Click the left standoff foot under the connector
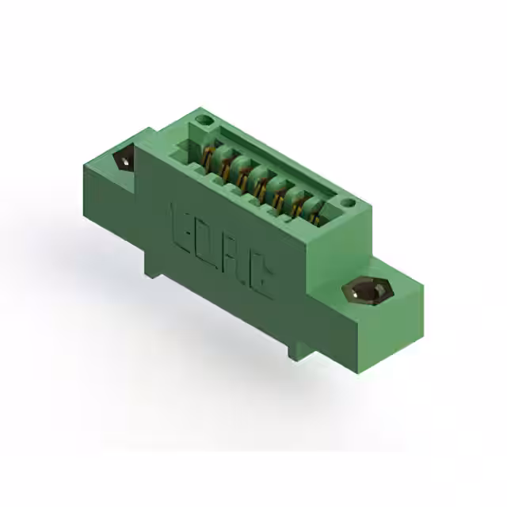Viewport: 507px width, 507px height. point(151,265)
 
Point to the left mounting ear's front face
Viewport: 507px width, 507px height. point(107,206)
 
